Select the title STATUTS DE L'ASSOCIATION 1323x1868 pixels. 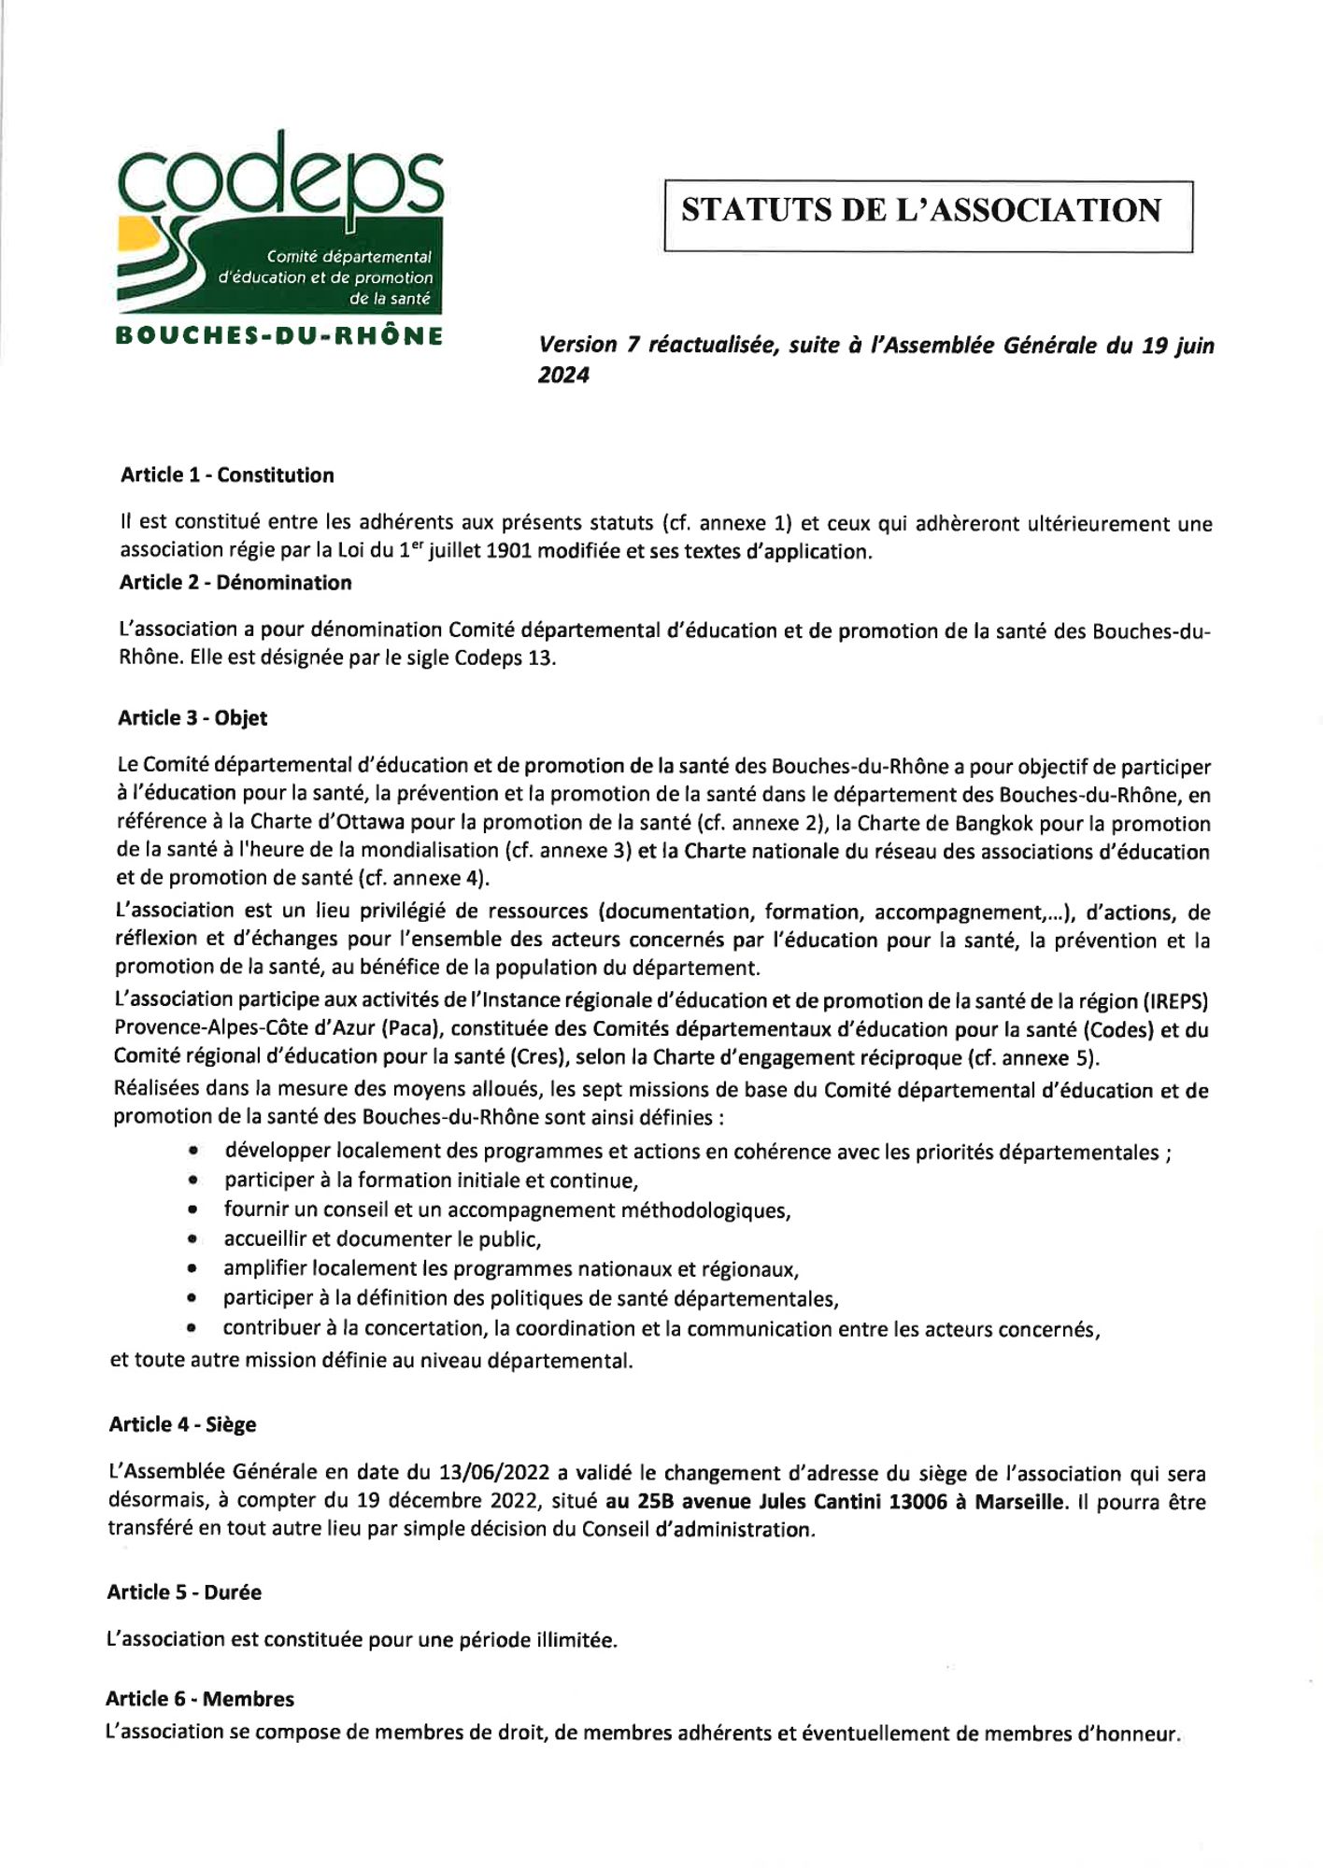(x=921, y=210)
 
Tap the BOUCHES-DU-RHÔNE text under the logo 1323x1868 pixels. (x=278, y=335)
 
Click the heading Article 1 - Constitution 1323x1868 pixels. (x=227, y=475)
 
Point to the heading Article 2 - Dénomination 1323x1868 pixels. (x=235, y=583)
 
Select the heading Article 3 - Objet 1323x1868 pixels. (x=192, y=718)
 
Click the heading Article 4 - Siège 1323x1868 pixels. (x=182, y=1424)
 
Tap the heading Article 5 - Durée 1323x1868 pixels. (x=184, y=1592)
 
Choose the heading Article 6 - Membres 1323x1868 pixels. (x=200, y=1699)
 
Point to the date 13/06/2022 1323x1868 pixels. (x=494, y=1473)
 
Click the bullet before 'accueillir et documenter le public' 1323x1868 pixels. (x=192, y=1240)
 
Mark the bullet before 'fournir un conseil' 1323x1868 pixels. (x=192, y=1210)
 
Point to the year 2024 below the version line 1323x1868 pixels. (x=563, y=375)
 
